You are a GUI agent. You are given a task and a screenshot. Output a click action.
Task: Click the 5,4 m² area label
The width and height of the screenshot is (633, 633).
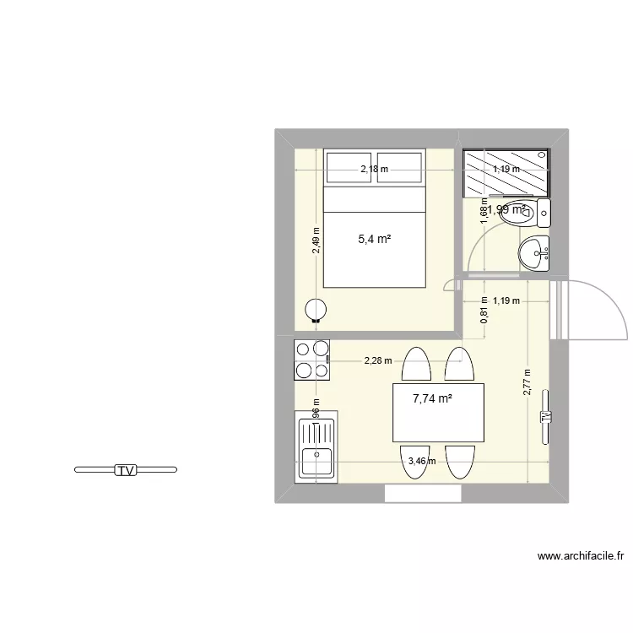tap(374, 239)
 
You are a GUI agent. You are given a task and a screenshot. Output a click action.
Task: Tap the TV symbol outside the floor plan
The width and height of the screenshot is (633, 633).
tap(126, 470)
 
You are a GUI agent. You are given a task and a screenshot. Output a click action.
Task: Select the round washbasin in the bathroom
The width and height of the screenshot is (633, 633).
tap(533, 252)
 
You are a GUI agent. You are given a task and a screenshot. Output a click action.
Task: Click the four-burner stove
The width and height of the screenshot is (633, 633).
tap(311, 359)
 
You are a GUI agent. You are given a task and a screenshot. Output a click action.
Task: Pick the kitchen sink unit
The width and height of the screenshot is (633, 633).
tap(316, 446)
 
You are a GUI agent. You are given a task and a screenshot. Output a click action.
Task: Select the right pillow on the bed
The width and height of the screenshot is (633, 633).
tap(399, 168)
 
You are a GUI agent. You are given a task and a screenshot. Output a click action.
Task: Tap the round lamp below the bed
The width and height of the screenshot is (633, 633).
tap(316, 311)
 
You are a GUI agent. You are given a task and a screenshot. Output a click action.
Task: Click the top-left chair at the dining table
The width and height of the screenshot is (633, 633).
tap(417, 365)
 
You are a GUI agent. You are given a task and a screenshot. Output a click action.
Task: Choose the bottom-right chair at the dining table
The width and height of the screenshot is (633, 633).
tap(460, 462)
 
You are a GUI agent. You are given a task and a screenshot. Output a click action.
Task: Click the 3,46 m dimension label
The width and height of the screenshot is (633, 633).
tap(421, 461)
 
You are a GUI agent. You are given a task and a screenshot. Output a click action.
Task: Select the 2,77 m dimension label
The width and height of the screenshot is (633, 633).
tap(527, 382)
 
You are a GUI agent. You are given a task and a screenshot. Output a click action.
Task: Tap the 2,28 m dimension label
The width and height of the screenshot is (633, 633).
tap(377, 361)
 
